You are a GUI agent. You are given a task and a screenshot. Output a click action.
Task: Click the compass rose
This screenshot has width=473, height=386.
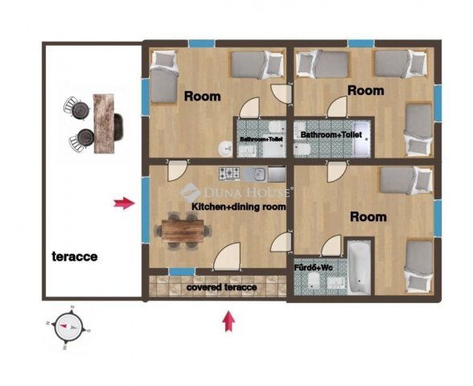(x=68, y=327)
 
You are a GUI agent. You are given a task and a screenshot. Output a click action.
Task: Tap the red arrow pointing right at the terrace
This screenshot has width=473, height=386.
(x=124, y=204)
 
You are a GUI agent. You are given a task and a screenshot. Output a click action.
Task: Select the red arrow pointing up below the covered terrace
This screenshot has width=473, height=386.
(x=229, y=322)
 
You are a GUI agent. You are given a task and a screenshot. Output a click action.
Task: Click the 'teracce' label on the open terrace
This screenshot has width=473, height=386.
(x=75, y=257)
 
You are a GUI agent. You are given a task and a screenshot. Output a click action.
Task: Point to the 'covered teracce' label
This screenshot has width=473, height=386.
(x=222, y=287)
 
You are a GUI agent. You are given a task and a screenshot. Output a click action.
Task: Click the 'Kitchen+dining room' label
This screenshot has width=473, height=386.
(x=239, y=207)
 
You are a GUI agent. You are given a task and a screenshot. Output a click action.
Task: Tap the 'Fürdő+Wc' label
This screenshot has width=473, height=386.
(x=314, y=267)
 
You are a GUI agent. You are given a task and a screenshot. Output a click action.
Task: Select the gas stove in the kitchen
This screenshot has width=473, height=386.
(x=230, y=174)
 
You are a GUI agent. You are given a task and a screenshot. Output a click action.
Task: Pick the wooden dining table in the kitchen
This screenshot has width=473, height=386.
(x=183, y=231)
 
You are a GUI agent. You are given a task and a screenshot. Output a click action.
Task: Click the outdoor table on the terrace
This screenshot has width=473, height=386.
(x=104, y=123)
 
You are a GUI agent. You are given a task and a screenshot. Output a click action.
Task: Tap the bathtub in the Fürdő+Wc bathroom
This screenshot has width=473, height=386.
(x=359, y=268)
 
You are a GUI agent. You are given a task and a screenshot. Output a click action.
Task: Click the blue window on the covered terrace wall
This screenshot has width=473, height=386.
(x=182, y=272)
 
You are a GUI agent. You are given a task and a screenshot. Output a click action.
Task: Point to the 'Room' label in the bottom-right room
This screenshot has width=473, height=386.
(x=368, y=217)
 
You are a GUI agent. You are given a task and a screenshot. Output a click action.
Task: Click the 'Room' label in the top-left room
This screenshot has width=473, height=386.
(x=203, y=96)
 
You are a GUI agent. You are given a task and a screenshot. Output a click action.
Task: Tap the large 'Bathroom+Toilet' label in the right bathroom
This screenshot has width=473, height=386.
(x=331, y=134)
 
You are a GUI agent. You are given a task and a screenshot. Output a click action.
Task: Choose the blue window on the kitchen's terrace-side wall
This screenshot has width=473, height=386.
(x=146, y=210)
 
